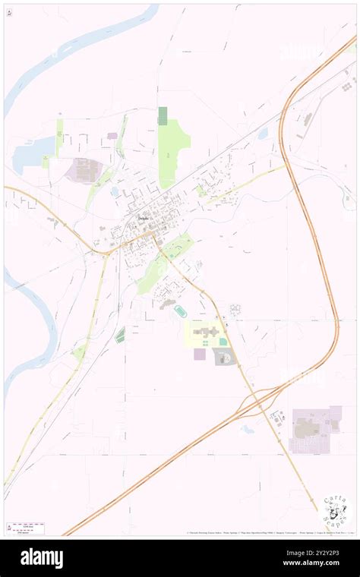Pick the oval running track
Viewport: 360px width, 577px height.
click(180, 311)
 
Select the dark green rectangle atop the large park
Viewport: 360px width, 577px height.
click(163, 115)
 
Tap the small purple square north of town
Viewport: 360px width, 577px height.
click(112, 136)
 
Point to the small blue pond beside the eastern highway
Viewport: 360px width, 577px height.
click(263, 134)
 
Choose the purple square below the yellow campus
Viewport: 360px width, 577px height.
click(200, 354)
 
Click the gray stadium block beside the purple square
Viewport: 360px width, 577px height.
click(224, 356)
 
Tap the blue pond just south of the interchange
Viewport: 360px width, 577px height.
click(247, 428)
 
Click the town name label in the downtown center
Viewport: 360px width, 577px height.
click(144, 219)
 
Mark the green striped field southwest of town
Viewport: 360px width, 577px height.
click(120, 335)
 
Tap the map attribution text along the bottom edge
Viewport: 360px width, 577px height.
click(270, 532)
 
